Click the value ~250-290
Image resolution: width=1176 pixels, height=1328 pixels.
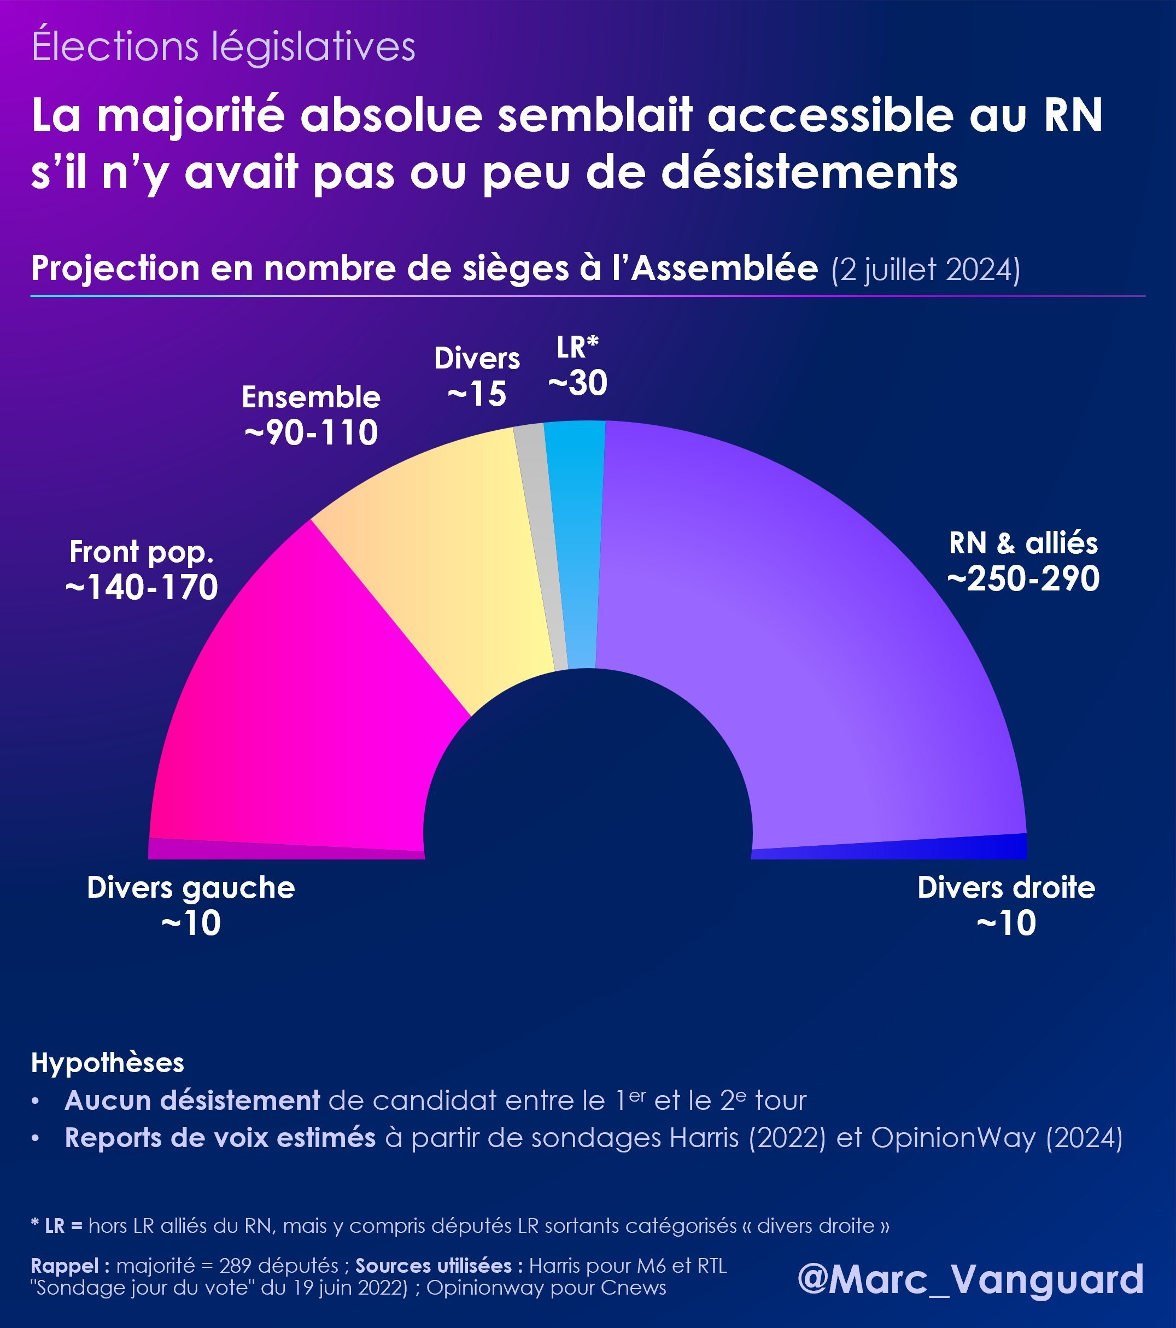click(1023, 578)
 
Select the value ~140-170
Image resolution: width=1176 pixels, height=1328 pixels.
click(142, 587)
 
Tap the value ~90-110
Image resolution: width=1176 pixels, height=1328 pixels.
click(311, 432)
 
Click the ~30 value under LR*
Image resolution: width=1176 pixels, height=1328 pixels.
click(577, 383)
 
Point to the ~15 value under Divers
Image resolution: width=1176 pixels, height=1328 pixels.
click(477, 394)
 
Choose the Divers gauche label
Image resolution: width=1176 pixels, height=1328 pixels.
click(191, 887)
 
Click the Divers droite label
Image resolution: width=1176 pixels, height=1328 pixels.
click(1006, 887)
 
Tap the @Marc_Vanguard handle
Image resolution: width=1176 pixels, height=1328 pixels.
click(970, 1279)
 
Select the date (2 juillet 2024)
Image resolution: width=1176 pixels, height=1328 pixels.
click(925, 269)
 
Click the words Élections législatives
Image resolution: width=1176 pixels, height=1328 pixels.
click(224, 47)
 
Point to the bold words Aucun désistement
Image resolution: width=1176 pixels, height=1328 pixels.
click(192, 1101)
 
